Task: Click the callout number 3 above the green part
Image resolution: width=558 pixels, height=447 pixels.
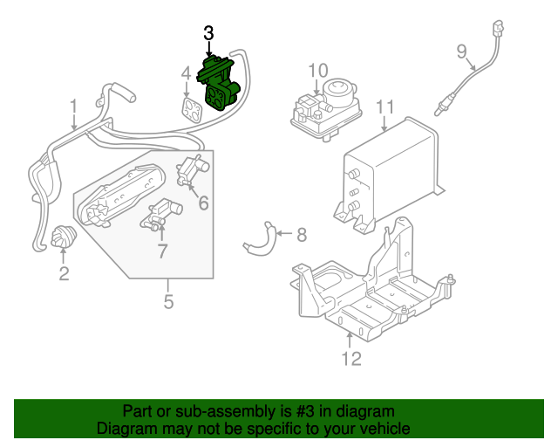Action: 208,33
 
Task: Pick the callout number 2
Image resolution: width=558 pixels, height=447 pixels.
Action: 64,275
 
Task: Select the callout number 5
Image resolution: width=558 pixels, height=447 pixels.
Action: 168,302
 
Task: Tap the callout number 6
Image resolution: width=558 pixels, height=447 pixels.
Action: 203,203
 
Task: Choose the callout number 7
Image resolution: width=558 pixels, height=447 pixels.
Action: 162,251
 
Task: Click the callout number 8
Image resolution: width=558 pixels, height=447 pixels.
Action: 302,234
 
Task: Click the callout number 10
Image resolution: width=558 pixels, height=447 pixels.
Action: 317,70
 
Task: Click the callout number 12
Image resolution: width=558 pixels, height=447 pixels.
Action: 350,358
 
